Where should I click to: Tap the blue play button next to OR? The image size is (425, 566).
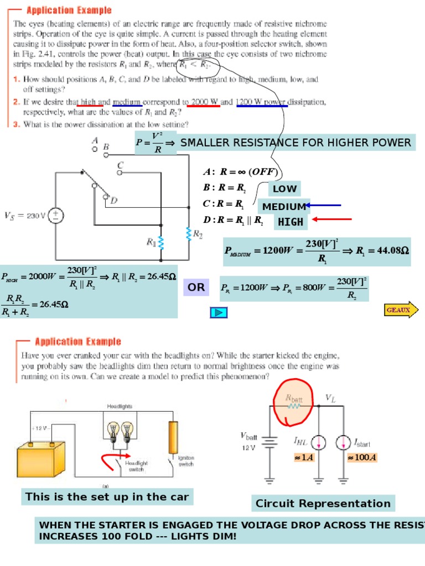click(219, 313)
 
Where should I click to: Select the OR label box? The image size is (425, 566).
click(196, 287)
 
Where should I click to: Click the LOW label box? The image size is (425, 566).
click(284, 189)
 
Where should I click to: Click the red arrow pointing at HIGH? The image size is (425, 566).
click(332, 220)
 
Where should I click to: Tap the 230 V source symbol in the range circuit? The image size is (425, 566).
click(55, 216)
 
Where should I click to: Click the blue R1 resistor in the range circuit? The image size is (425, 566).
click(161, 242)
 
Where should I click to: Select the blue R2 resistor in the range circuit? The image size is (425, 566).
click(189, 234)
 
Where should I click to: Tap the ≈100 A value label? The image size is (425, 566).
click(358, 458)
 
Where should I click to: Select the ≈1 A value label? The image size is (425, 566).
click(304, 458)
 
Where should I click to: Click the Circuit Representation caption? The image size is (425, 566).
click(323, 504)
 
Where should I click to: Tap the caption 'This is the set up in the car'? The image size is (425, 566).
click(107, 497)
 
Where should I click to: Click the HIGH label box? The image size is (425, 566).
click(291, 222)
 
